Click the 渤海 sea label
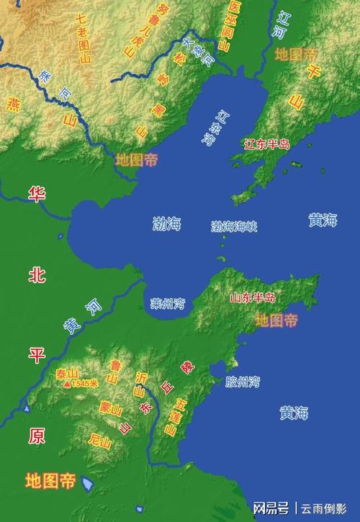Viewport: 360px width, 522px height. pos(167,223)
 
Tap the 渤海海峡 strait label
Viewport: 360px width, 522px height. pos(234,226)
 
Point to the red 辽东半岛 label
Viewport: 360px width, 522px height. pos(267,144)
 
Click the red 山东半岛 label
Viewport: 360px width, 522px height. pos(253,297)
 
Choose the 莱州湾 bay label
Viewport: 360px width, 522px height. pos(167,303)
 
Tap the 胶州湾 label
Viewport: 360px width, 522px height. pos(241,380)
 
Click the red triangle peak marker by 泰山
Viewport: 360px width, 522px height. pos(68,384)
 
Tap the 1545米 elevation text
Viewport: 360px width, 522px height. pos(85,384)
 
